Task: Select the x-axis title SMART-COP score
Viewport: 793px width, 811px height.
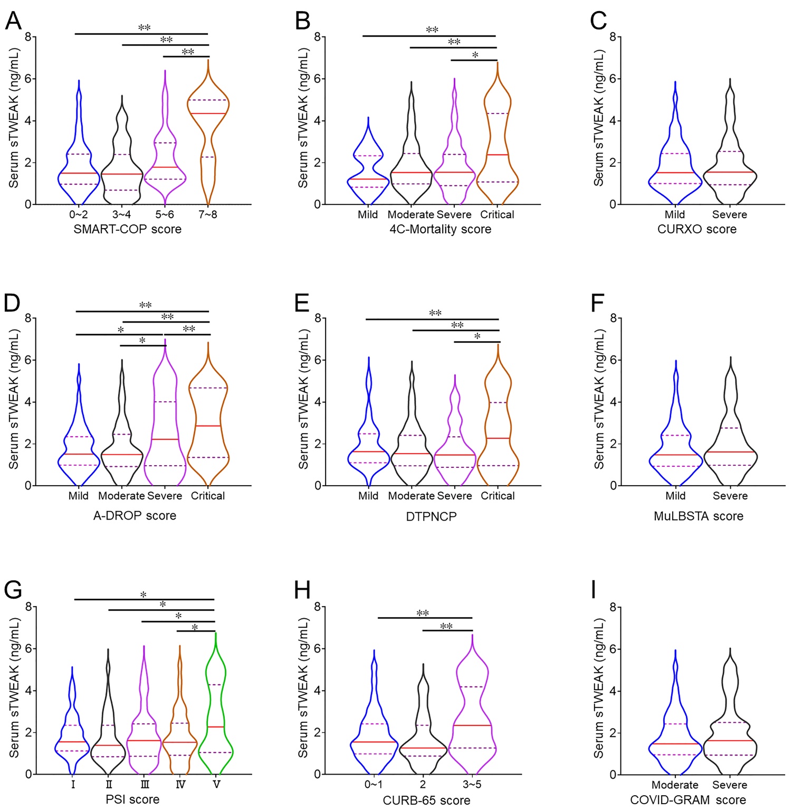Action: click(x=128, y=229)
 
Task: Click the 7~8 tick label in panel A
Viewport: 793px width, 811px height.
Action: click(x=208, y=214)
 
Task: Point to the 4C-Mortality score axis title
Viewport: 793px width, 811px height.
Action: click(x=441, y=229)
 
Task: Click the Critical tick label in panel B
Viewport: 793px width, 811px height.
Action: click(x=497, y=214)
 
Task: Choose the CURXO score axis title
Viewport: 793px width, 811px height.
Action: click(x=697, y=229)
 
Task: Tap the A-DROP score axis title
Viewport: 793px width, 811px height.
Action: click(x=135, y=516)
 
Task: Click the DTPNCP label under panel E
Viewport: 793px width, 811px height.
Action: click(x=431, y=516)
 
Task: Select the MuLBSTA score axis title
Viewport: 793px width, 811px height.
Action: click(x=699, y=516)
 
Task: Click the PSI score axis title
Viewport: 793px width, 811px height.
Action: click(x=133, y=799)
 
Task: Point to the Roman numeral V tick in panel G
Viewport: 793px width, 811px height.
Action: click(x=216, y=785)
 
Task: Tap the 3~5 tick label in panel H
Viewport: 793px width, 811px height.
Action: click(x=472, y=785)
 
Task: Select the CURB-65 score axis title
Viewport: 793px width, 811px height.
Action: click(x=427, y=800)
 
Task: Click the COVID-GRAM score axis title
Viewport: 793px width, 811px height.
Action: click(x=688, y=800)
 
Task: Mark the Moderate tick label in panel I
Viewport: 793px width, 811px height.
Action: click(x=675, y=785)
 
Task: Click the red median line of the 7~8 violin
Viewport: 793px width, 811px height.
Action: click(x=208, y=114)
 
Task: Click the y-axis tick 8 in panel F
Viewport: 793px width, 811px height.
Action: click(x=614, y=318)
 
